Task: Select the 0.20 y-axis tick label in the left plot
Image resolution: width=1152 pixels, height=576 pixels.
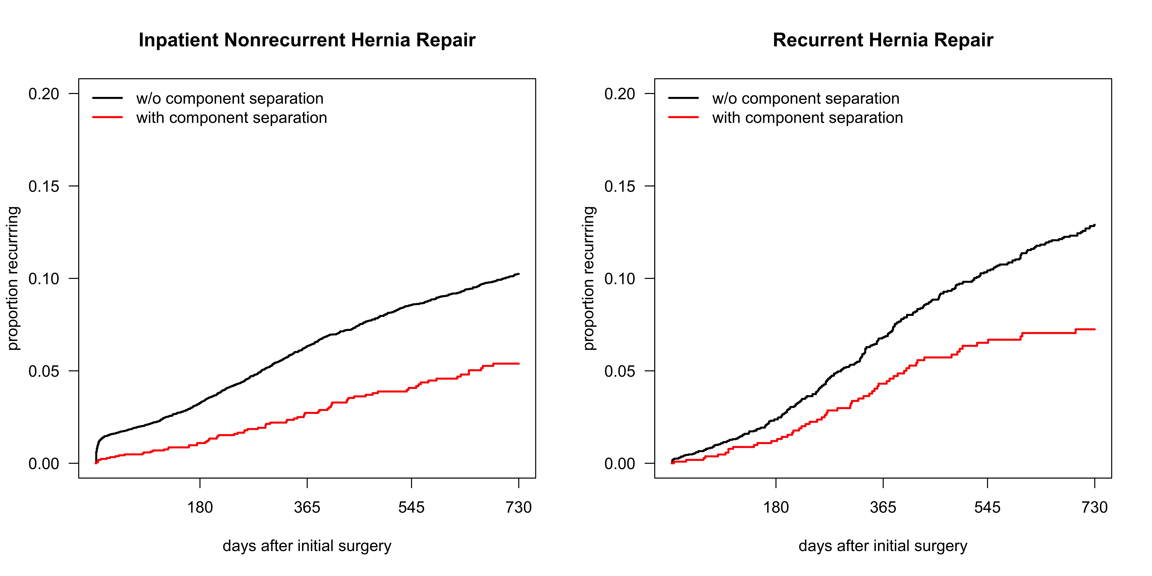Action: point(44,94)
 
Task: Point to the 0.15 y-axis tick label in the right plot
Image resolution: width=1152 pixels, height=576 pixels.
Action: point(620,186)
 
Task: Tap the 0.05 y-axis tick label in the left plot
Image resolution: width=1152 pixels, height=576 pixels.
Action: point(44,371)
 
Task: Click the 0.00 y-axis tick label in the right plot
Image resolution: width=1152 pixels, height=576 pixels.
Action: point(620,464)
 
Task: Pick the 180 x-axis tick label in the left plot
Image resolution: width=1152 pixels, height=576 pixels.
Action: point(200,508)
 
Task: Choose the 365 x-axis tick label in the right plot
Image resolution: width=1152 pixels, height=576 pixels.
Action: point(883,508)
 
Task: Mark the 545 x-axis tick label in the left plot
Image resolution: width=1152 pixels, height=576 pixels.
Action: point(411,508)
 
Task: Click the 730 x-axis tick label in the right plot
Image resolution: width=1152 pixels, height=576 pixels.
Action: point(1095,508)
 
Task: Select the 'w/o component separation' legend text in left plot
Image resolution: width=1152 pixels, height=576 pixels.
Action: point(230,98)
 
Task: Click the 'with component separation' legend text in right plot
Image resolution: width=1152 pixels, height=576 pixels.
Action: point(808,118)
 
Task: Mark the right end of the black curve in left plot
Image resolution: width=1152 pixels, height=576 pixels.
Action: point(519,274)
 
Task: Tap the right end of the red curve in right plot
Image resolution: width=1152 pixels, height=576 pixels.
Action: point(1095,329)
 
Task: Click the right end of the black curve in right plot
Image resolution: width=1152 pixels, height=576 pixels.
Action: point(1095,225)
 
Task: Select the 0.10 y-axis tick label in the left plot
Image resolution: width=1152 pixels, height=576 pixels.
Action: point(44,279)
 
